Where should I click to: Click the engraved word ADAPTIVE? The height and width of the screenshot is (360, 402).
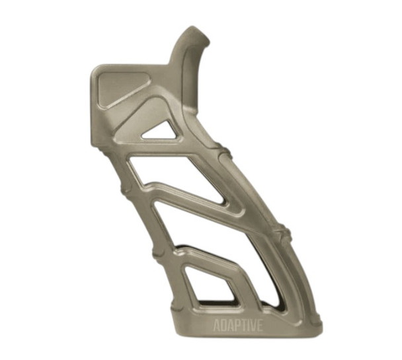tap(238, 324)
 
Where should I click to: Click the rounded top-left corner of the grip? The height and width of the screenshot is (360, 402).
tap(97, 69)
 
